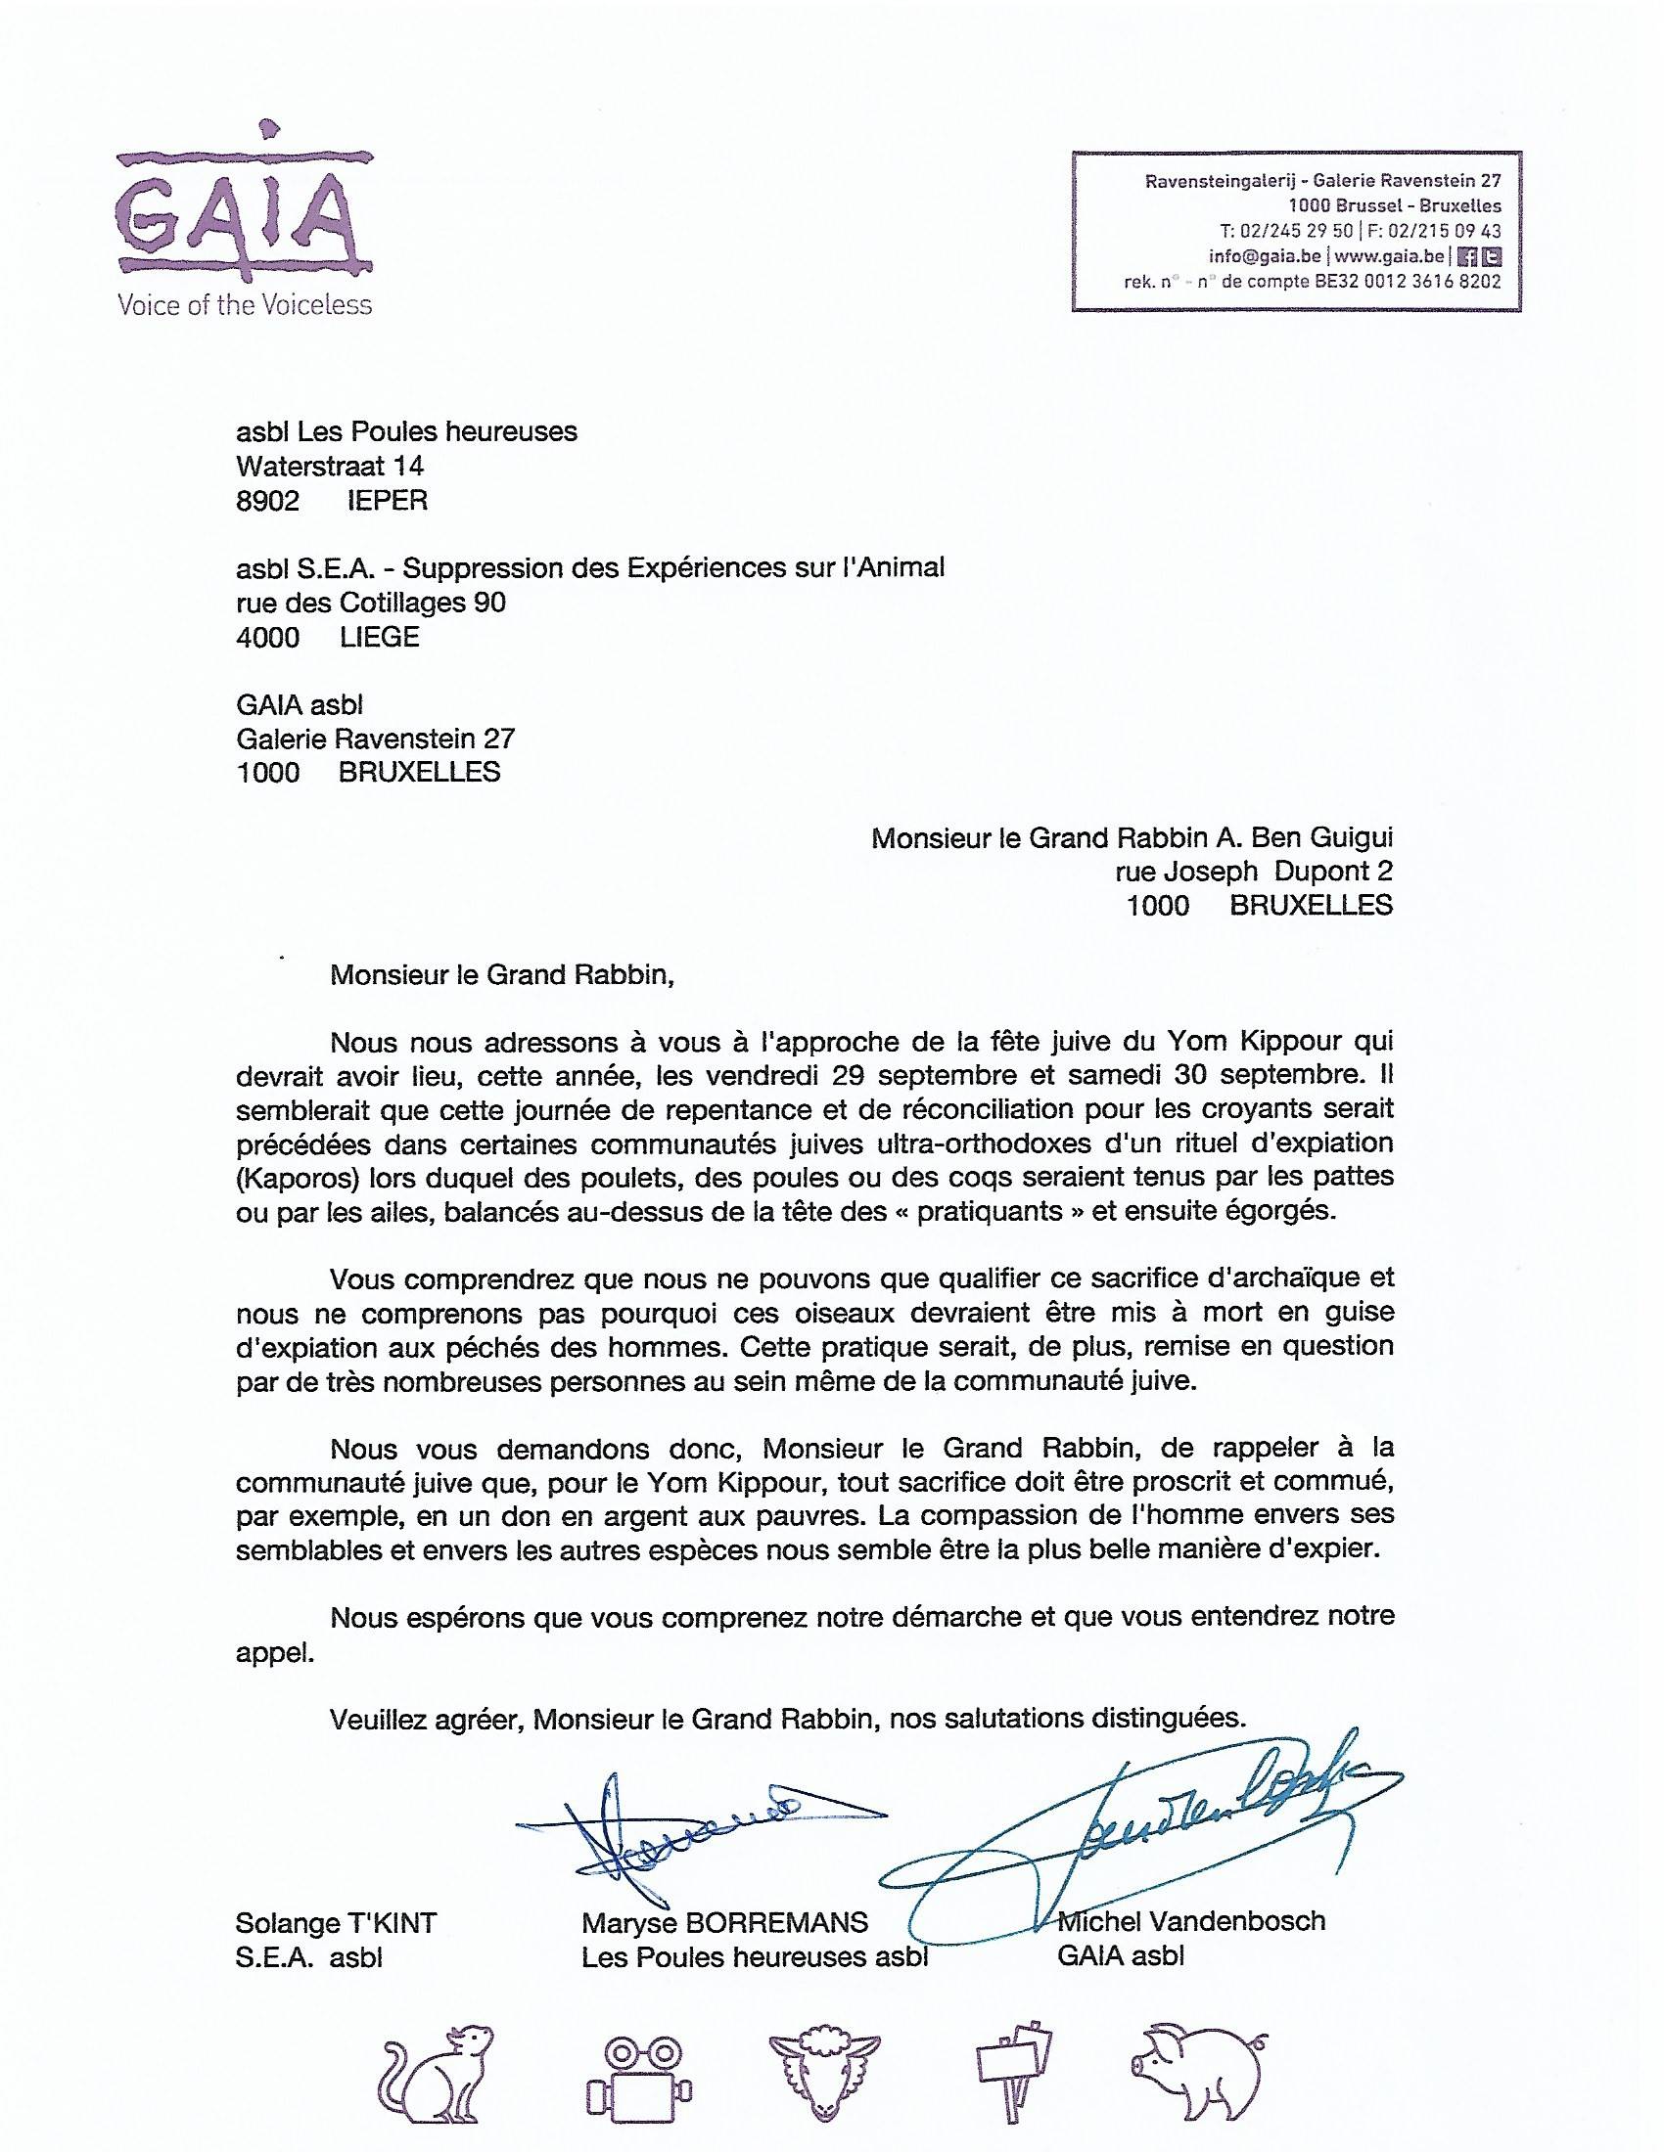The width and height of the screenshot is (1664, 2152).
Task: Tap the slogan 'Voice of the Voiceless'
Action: [245, 304]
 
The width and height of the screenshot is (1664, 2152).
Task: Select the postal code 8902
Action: [267, 501]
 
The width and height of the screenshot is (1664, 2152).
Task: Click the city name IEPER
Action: [388, 501]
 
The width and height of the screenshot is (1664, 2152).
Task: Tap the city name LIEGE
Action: [380, 637]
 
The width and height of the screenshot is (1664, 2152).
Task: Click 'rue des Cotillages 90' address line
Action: [371, 602]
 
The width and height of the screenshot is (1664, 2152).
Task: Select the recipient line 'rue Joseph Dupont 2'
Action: [1254, 871]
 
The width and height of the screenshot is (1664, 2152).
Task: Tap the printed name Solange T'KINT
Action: [336, 1922]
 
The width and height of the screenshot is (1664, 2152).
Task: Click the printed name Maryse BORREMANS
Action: [724, 1922]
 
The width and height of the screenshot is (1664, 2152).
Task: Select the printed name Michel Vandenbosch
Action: [1191, 1920]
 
